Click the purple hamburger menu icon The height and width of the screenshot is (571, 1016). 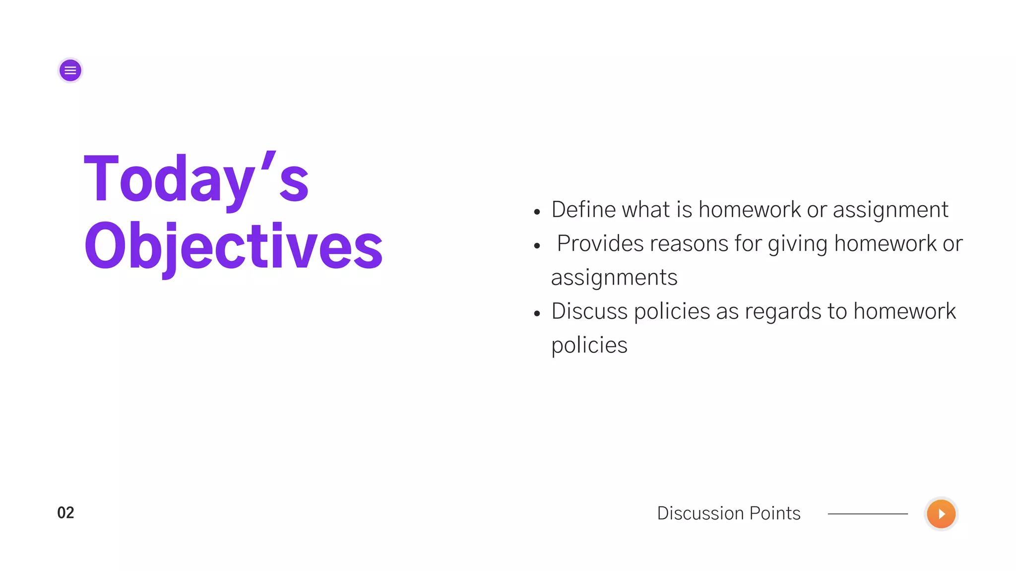pos(70,70)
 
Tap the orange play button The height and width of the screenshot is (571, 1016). pos(941,514)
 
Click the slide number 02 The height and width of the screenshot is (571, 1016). pos(65,513)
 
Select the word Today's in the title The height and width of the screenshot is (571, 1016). pos(196,180)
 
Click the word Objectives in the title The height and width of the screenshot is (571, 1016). pos(233,246)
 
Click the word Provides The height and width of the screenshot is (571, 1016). pos(600,244)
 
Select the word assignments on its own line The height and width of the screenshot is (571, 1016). pos(614,278)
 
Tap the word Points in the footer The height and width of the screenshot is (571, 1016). pos(775,514)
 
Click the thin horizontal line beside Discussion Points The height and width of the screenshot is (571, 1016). pos(868,514)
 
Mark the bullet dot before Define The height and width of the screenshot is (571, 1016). pos(537,212)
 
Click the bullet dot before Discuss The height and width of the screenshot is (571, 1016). pos(537,314)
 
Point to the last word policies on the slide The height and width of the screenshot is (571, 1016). pos(589,345)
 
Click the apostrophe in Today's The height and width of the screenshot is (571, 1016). pos(268,162)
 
